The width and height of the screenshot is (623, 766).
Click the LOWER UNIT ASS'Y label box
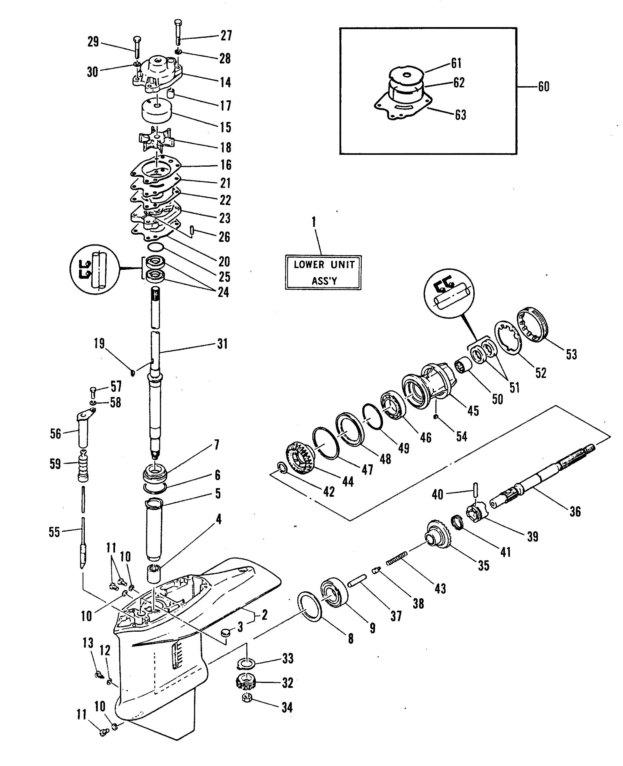point(323,272)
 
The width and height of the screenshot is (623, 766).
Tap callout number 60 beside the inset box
point(543,87)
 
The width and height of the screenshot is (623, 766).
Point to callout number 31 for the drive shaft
point(222,344)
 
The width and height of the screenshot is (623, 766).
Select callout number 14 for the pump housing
point(225,82)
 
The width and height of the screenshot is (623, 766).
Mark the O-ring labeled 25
point(156,247)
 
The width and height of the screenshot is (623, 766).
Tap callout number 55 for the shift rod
point(54,532)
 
